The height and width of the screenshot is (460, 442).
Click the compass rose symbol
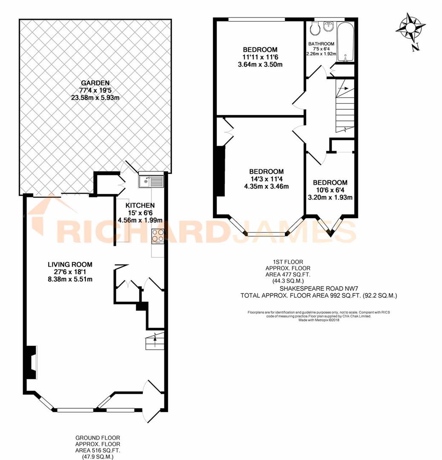[410, 28]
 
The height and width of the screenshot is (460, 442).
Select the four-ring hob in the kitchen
[157, 235]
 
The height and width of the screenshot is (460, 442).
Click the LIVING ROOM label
[70, 264]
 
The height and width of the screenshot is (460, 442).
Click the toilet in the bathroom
[315, 29]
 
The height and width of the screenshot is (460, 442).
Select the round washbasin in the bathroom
[329, 26]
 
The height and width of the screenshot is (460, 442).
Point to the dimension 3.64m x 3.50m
[260, 65]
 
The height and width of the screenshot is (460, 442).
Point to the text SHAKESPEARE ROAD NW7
[299, 287]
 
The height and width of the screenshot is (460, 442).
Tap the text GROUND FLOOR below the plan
[98, 438]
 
